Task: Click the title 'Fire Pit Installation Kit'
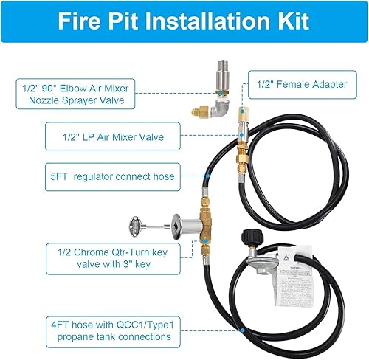pyautogui.click(x=184, y=22)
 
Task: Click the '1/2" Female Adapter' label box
pyautogui.click(x=302, y=83)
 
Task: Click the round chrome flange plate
pyautogui.click(x=179, y=224)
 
